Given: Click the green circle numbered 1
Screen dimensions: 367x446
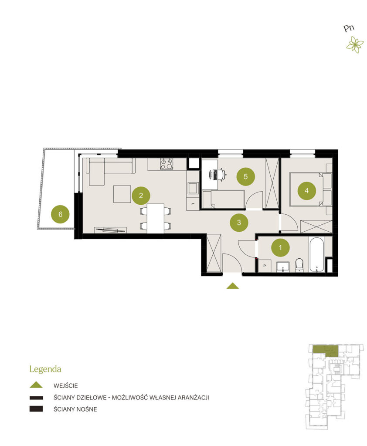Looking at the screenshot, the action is click(x=280, y=248).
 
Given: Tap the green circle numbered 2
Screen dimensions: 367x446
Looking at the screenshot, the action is click(x=141, y=196).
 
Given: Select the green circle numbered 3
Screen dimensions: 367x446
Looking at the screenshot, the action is click(x=239, y=223).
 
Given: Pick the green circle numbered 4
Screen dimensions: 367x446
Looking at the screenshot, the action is click(x=307, y=191).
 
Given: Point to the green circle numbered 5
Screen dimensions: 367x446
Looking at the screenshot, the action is click(x=246, y=177).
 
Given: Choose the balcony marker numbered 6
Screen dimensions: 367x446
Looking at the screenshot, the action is click(x=60, y=214).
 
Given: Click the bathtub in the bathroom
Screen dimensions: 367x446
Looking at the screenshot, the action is click(x=316, y=254).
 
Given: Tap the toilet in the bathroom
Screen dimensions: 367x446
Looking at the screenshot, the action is click(x=299, y=265).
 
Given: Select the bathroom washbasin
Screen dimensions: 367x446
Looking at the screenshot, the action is click(x=283, y=267).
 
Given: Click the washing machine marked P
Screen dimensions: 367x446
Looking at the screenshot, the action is click(x=265, y=266).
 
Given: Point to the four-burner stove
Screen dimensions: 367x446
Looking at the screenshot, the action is click(x=167, y=164).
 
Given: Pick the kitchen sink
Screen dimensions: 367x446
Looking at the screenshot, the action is click(x=193, y=188).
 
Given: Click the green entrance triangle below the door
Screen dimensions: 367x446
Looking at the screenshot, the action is click(x=233, y=286).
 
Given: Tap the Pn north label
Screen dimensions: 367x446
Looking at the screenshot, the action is click(x=349, y=28).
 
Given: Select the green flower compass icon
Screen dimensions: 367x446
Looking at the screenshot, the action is click(x=355, y=44).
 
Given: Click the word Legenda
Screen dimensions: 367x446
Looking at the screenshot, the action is click(x=45, y=369).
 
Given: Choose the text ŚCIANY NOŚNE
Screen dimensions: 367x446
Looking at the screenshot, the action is click(x=75, y=409).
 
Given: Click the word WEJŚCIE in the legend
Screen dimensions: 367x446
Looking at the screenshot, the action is click(x=65, y=386).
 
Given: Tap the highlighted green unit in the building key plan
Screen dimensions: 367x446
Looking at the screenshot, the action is click(x=326, y=351).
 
